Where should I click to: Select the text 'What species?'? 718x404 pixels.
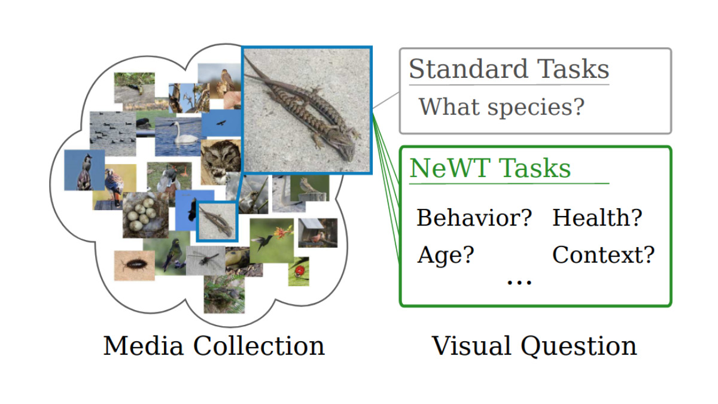coord(501,107)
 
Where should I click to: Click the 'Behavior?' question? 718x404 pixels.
coord(474,218)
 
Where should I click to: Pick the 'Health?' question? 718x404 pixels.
coord(597,218)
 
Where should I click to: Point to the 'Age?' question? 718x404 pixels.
coord(445,256)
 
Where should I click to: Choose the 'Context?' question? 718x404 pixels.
coord(603,256)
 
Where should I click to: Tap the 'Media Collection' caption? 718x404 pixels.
coord(214,347)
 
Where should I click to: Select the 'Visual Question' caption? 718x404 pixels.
coord(534,347)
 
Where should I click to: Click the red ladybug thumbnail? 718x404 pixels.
coord(299,271)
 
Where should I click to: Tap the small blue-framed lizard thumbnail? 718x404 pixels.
coord(217,221)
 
